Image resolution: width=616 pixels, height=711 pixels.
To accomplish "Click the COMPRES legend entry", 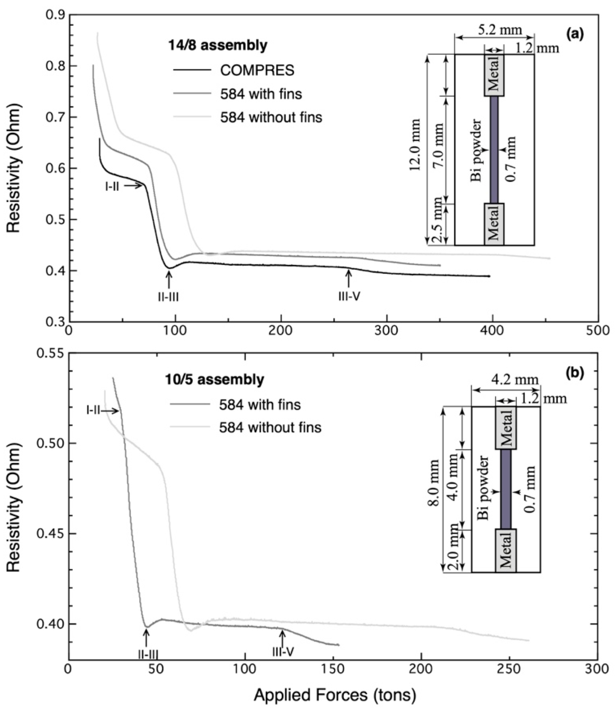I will click(x=257, y=70).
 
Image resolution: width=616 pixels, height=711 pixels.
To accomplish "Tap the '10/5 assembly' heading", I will click(x=214, y=380).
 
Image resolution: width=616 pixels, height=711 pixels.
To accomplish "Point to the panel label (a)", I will click(x=575, y=34).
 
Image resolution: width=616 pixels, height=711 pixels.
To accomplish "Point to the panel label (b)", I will click(x=575, y=372).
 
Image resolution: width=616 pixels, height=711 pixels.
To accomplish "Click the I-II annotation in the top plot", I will click(x=112, y=186).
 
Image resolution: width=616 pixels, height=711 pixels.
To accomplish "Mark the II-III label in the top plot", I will click(x=168, y=297).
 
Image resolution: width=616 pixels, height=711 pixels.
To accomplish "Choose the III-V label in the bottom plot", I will click(x=283, y=652).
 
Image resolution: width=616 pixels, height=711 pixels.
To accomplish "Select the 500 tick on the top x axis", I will click(x=598, y=330).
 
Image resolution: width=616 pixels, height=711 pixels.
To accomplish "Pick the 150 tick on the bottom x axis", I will click(x=333, y=669).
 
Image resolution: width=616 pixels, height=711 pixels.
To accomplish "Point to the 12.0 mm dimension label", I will click(x=415, y=145).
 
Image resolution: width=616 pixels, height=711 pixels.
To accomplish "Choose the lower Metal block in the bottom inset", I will click(x=506, y=550).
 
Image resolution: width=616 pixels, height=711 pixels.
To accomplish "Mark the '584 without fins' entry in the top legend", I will click(x=271, y=117).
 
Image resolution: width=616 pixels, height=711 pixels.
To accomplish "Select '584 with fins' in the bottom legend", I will click(x=260, y=405).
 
